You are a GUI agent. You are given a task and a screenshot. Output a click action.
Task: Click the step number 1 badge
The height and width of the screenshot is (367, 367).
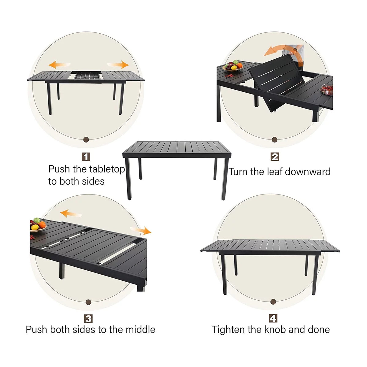coord(86,157)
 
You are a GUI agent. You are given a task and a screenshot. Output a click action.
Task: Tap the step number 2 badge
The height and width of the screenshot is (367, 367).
coord(275,157)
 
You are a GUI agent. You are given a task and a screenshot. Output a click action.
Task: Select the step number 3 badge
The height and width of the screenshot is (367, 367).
coord(88,318)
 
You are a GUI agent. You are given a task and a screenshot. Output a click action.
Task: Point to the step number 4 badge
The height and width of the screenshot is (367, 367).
coord(273,318)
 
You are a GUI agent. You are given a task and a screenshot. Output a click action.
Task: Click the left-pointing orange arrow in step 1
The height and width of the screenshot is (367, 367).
coord(59,65)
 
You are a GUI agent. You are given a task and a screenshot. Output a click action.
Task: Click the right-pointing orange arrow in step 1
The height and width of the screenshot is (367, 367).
coord(118,65)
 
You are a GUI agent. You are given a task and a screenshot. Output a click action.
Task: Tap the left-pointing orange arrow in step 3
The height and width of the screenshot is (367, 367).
coord(71,213)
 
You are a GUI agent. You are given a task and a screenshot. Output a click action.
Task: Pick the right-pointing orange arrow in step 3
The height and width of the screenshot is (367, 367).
coord(141,231)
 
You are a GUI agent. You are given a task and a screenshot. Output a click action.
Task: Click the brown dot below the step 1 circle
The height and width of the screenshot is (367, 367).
coord(86,139)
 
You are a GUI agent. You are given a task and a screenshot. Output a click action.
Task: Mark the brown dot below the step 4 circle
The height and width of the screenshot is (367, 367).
coord(273,302)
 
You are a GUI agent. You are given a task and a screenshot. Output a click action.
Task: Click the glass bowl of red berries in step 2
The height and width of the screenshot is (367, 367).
coord(327,90)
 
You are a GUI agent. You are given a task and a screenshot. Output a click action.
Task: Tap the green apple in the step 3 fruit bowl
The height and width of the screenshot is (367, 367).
coord(37,221)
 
